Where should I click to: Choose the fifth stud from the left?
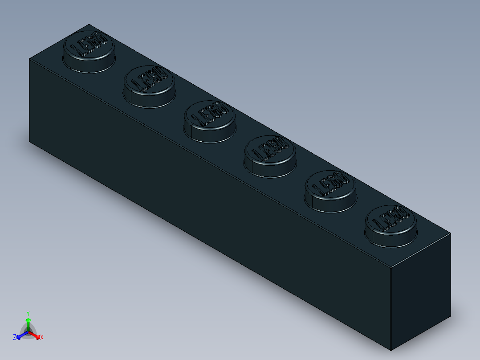(331, 191)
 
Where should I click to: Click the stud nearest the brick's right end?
(391, 225)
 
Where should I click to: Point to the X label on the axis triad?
(41, 338)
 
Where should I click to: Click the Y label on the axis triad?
(28, 313)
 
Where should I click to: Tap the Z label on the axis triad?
(15, 337)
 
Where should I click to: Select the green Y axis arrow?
(28, 323)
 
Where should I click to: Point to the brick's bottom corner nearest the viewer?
(391, 350)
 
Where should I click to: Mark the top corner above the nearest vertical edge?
(391, 268)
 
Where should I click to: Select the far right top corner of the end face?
(450, 233)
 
